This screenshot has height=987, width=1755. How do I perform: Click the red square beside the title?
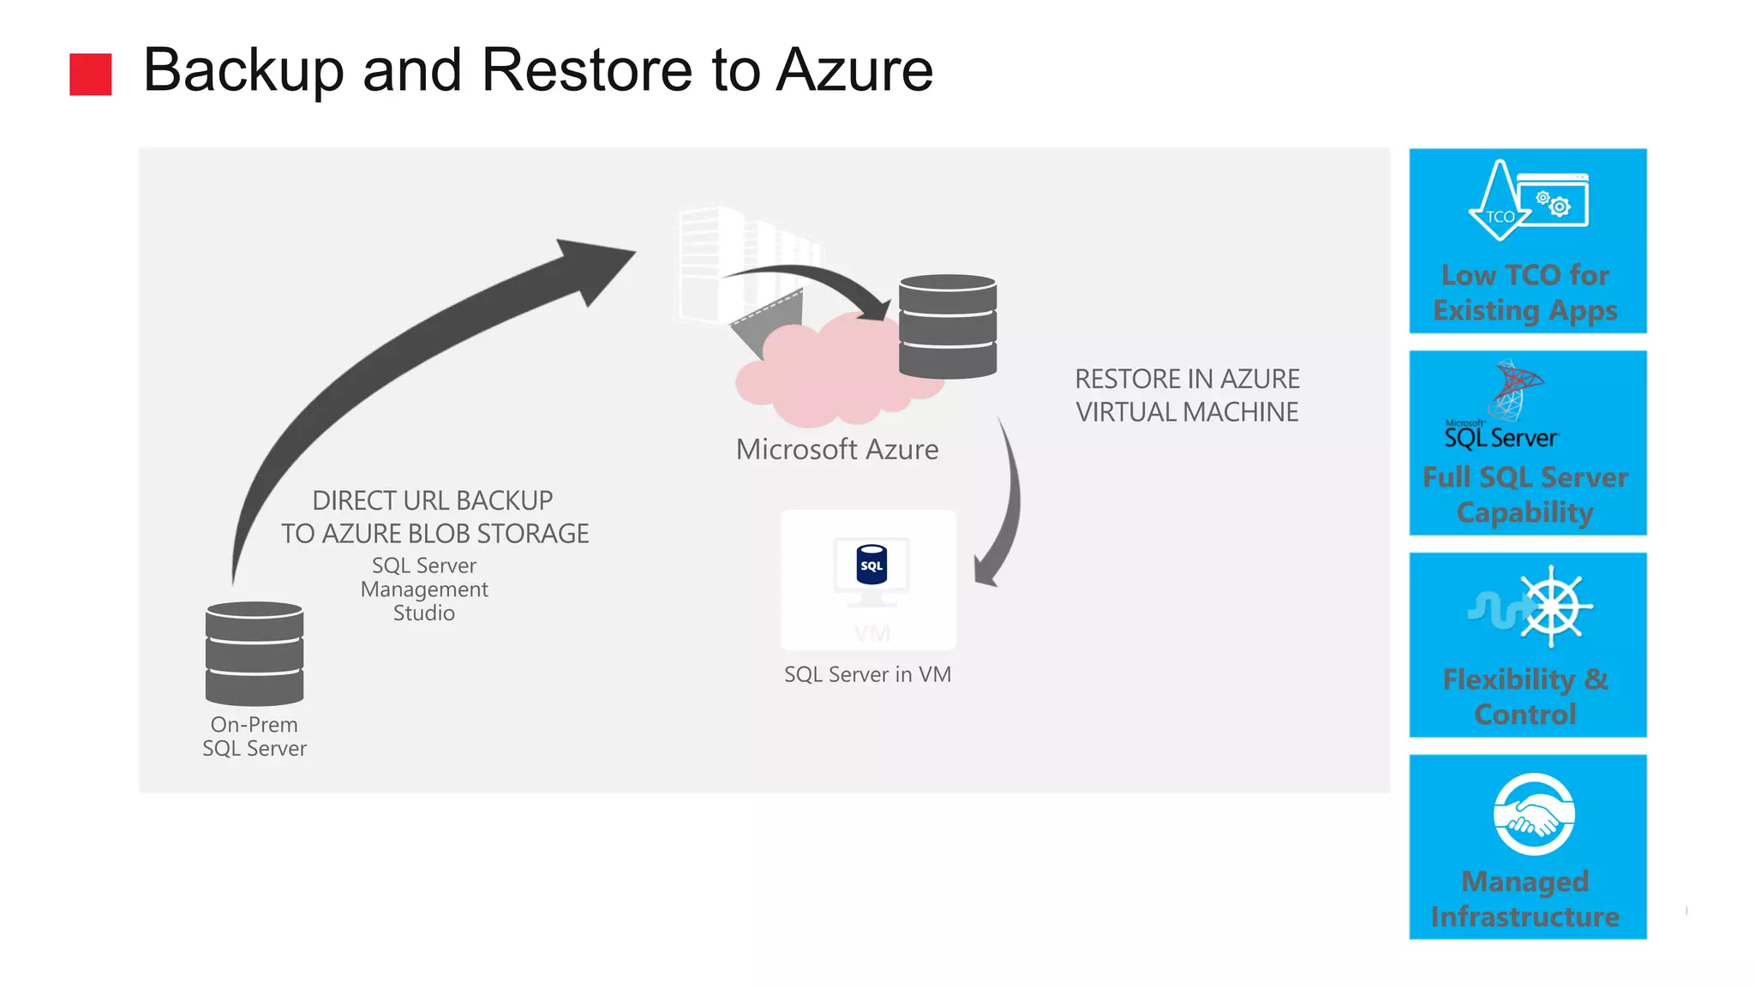(x=90, y=74)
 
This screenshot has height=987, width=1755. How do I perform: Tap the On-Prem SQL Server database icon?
(x=255, y=653)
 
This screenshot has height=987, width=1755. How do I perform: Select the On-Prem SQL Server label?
(x=255, y=736)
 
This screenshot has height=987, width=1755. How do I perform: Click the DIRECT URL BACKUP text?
(x=433, y=500)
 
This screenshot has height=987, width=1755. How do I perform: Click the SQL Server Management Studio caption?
(x=424, y=589)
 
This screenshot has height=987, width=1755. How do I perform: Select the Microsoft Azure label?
(x=837, y=450)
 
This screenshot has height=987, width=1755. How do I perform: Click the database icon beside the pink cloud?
(x=948, y=326)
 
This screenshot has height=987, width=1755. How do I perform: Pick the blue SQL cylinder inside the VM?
(x=872, y=565)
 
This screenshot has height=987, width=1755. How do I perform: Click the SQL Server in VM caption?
(x=867, y=675)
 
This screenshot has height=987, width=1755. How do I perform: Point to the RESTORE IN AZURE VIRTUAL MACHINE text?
(x=1187, y=396)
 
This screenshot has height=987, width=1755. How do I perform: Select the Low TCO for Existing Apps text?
(x=1525, y=292)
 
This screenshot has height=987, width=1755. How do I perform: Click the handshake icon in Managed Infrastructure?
(x=1533, y=815)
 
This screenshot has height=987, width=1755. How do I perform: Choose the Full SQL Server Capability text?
(x=1525, y=494)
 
